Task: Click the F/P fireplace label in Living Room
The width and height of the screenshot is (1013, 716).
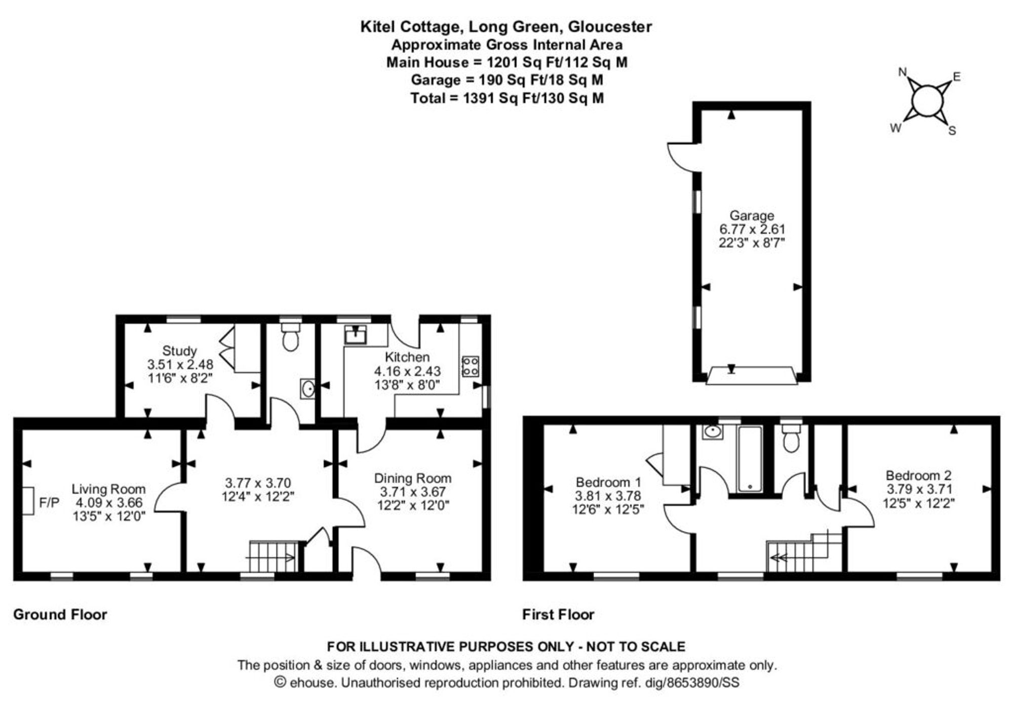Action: coord(49,503)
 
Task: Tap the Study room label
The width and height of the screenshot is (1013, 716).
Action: coord(179,350)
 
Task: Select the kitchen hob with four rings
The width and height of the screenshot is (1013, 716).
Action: coord(470,366)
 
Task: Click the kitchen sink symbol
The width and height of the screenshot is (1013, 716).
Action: coord(356,335)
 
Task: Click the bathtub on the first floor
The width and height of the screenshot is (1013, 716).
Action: coord(750,459)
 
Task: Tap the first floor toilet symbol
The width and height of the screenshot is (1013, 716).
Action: coord(791,439)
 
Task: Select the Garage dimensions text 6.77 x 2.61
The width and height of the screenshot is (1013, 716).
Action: coord(751,229)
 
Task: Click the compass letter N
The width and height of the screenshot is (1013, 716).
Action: coord(902,72)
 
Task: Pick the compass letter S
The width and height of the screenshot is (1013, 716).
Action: coord(952,131)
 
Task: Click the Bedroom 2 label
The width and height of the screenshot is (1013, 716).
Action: coord(918,475)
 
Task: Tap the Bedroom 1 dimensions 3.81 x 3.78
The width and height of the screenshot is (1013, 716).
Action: coord(608,496)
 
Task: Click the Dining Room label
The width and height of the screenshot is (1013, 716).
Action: coord(413,478)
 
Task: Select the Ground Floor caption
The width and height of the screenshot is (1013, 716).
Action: coord(60,614)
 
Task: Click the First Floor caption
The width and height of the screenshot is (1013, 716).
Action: coord(558,614)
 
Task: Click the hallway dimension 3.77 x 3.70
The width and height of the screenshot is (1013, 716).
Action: coord(258,483)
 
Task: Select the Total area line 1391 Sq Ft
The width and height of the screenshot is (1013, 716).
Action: coord(506,98)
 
